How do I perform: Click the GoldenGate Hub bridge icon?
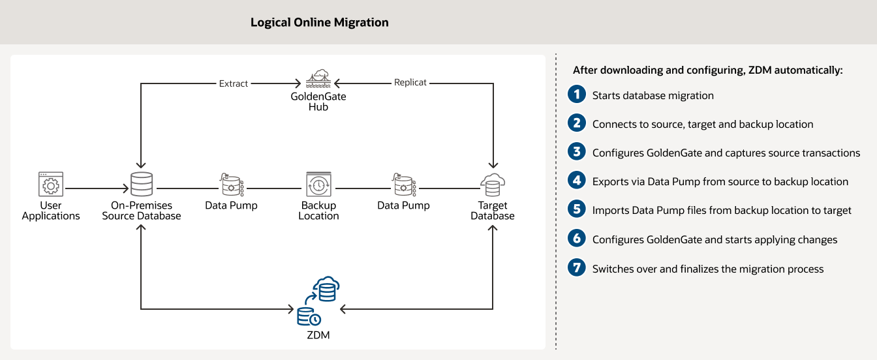click(x=318, y=79)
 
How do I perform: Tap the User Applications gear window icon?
click(x=50, y=185)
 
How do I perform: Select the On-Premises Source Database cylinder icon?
click(x=141, y=185)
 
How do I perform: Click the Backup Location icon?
click(x=318, y=185)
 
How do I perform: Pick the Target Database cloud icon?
click(x=493, y=185)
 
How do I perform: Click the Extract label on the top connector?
click(x=234, y=83)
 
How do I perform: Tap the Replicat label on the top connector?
click(x=410, y=83)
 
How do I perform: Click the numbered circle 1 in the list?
click(x=576, y=95)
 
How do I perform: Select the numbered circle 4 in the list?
click(x=576, y=181)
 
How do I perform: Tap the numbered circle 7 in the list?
click(x=576, y=267)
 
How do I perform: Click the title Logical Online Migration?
click(x=319, y=22)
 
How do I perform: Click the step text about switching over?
click(x=708, y=269)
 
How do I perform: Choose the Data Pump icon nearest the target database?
click(x=403, y=185)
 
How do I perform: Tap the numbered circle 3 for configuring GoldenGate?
click(x=576, y=152)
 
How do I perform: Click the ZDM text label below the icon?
click(x=318, y=335)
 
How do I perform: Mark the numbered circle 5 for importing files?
click(x=576, y=209)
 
